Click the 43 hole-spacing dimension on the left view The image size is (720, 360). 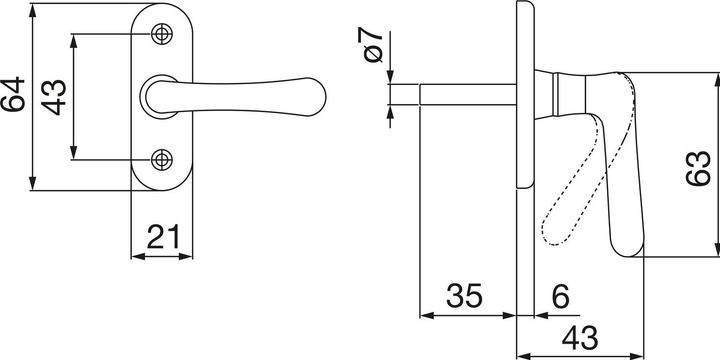pos(54,97)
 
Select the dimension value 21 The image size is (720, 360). pos(163,237)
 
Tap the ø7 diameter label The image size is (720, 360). pos(373,45)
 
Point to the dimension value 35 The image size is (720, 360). pos(464,296)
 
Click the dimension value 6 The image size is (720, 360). pos(560,296)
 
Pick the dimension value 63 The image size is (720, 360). pos(698,168)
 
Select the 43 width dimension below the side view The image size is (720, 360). pos(580,338)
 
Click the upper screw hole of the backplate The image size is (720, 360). pos(162,34)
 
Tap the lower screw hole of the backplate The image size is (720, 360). pos(162,160)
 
